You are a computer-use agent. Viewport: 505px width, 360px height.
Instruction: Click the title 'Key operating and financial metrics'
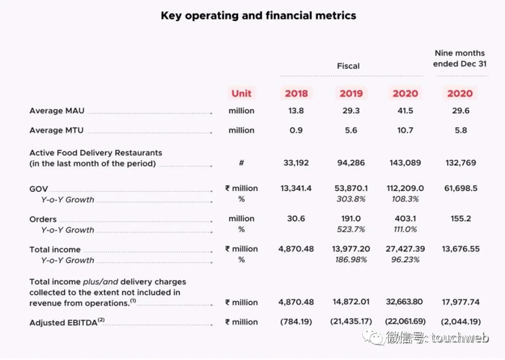(258, 15)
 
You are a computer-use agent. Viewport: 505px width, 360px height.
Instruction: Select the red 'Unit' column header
(242, 93)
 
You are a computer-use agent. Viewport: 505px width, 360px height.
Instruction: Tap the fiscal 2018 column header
(296, 93)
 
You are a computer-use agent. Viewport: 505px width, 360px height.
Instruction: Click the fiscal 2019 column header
(350, 93)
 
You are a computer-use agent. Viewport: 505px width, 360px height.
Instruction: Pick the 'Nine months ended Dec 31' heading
(460, 58)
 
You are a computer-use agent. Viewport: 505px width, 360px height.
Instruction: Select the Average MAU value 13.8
(296, 111)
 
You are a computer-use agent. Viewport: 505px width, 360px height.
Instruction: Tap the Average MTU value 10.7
(405, 131)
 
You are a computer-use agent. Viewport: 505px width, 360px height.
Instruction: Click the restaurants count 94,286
(350, 163)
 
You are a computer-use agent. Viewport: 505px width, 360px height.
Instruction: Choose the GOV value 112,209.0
(405, 189)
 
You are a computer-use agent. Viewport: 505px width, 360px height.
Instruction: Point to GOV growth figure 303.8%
(350, 200)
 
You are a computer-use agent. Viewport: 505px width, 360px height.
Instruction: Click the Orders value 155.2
(460, 219)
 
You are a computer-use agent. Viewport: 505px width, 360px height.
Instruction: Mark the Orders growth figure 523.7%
(350, 230)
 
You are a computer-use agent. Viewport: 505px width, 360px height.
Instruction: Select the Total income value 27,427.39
(405, 250)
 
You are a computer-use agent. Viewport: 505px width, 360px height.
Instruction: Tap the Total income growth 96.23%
(405, 260)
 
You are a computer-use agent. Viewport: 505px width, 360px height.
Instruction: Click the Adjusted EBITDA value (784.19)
(296, 322)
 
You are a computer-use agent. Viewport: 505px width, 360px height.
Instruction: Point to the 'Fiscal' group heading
(348, 66)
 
